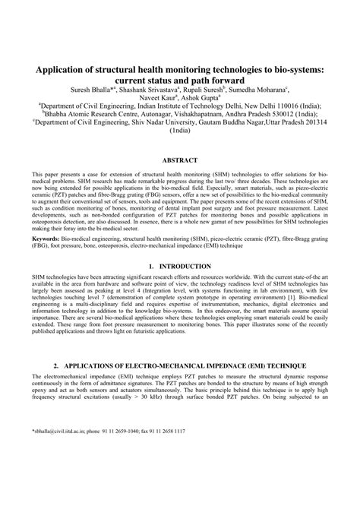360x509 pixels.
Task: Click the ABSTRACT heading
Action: pos(180,161)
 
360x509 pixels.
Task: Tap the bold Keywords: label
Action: pos(46,238)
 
